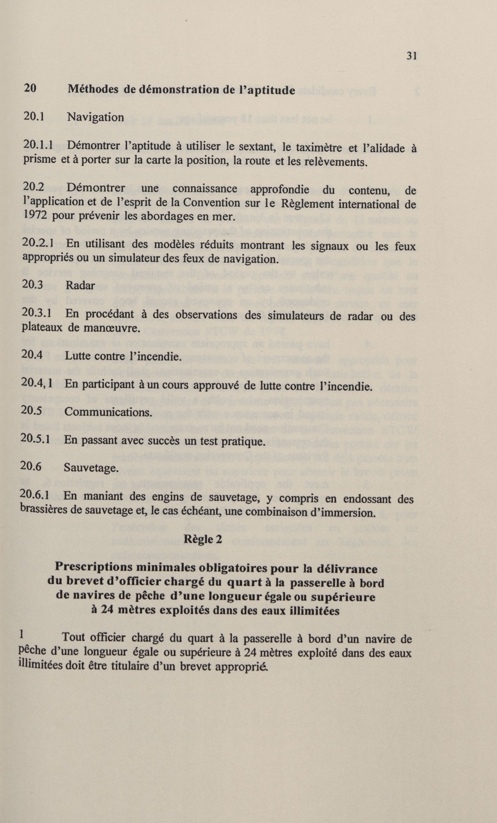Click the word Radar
(x=80, y=285)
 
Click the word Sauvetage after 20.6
(x=91, y=468)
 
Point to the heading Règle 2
(x=203, y=539)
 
